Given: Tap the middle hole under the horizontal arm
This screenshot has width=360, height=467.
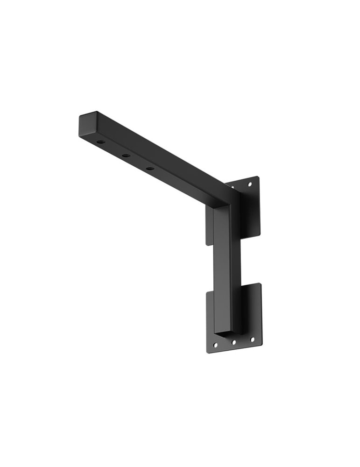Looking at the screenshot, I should [125, 155].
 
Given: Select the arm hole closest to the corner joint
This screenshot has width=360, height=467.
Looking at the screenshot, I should [149, 168].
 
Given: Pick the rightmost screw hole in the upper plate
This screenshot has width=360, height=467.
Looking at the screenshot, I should [249, 184].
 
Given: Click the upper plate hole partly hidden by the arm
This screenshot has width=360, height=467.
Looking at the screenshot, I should [232, 187].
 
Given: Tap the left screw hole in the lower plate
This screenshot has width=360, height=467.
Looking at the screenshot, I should [215, 346].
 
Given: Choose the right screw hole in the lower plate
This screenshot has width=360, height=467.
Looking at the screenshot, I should [253, 340].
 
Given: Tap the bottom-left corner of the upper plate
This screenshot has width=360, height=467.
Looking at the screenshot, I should [206, 244].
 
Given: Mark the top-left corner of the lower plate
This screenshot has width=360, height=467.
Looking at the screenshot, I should [206, 292].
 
